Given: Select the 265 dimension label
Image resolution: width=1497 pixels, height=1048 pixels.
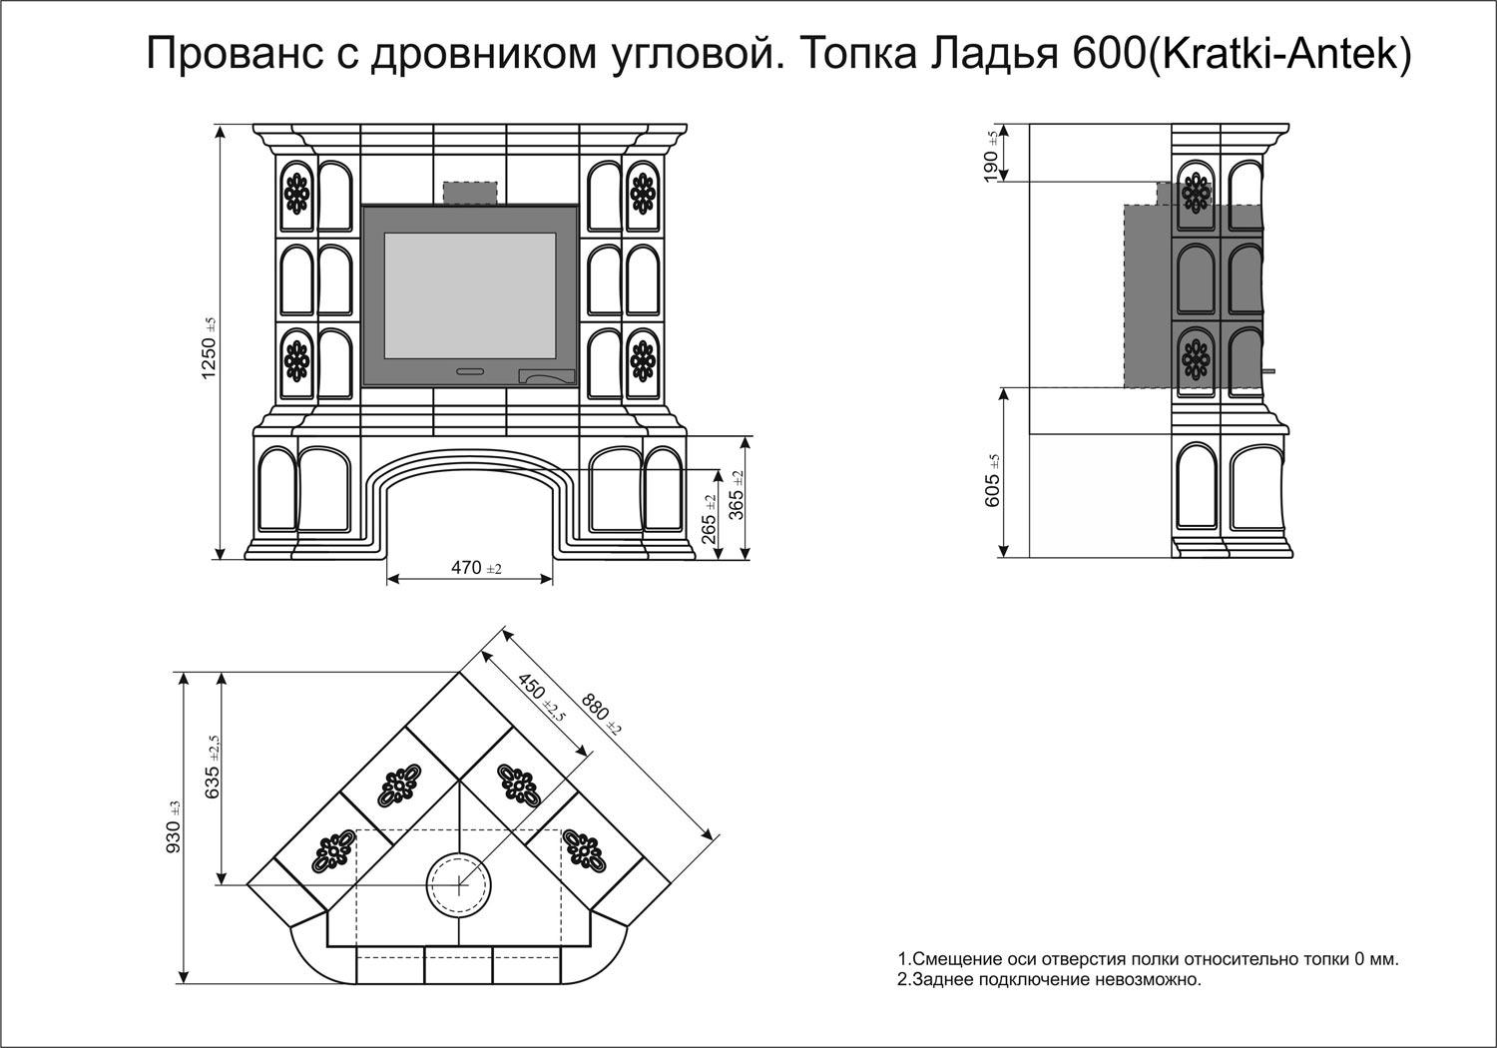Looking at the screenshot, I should click(x=710, y=517).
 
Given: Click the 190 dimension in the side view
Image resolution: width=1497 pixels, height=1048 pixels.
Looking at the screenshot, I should click(x=991, y=155).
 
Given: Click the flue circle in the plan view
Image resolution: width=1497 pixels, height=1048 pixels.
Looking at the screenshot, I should click(x=459, y=884).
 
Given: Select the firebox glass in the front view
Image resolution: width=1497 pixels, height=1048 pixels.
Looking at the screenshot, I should click(x=470, y=295).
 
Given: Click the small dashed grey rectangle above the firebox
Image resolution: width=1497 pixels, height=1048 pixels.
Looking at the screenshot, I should click(x=470, y=194).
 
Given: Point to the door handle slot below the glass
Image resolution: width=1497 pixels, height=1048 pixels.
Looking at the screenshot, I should click(x=470, y=372).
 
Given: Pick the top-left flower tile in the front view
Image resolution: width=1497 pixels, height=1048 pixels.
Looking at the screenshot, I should click(x=296, y=191).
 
